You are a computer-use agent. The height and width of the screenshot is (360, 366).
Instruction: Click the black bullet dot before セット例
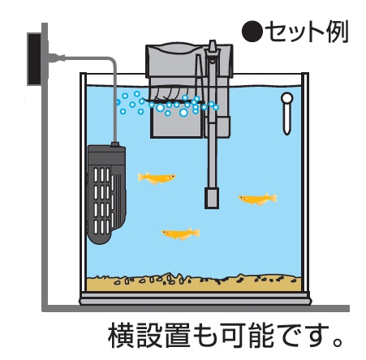tap(252, 32)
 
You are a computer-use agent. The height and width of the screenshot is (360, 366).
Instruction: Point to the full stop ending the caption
tap(338, 342)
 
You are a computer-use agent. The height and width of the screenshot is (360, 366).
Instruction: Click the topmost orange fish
tap(157, 178)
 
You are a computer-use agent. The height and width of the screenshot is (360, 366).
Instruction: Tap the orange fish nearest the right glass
tap(258, 199)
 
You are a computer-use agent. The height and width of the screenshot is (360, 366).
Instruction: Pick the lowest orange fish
tap(181, 234)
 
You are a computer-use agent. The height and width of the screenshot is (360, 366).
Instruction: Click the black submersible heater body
tap(106, 194)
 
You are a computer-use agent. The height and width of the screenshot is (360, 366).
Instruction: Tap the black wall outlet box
tap(34, 59)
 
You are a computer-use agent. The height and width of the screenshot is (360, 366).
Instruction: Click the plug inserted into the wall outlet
tap(56, 58)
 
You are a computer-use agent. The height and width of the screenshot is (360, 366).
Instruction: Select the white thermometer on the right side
tap(286, 114)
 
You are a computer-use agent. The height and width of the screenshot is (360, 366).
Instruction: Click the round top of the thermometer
tap(287, 98)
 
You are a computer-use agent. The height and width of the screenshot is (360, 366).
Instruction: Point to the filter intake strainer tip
tap(212, 198)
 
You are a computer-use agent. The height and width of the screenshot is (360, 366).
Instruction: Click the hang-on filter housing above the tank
tap(189, 61)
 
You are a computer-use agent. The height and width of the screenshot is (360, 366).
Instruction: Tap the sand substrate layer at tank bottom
tap(194, 283)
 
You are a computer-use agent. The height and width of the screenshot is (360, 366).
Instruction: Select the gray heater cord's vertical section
tap(115, 103)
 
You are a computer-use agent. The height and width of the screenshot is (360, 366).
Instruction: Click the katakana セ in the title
tap(277, 32)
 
